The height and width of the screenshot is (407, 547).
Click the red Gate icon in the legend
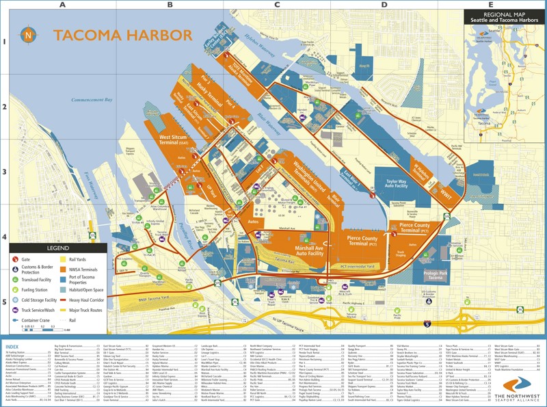click(16, 259)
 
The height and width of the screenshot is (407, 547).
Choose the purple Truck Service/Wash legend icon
click(16, 308)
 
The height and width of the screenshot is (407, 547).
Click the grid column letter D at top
click(384, 5)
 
